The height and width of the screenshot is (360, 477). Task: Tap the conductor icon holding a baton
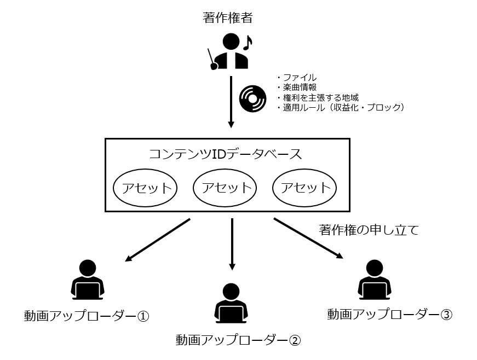tap(229, 51)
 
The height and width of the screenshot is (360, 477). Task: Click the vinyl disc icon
tap(253, 98)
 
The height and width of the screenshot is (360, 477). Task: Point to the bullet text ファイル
tap(299, 78)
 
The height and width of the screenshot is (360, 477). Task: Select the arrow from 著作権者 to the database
tap(231, 102)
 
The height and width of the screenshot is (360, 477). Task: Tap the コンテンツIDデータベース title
tap(226, 154)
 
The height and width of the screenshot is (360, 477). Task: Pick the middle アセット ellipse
tap(226, 188)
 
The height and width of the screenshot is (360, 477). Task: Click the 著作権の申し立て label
tap(369, 230)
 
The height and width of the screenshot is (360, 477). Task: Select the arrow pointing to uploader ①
tap(158, 239)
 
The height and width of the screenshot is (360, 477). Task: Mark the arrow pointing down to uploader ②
tap(232, 244)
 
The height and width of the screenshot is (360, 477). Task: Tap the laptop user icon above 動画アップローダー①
tap(87, 280)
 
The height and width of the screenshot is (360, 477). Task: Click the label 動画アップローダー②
tap(238, 340)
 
